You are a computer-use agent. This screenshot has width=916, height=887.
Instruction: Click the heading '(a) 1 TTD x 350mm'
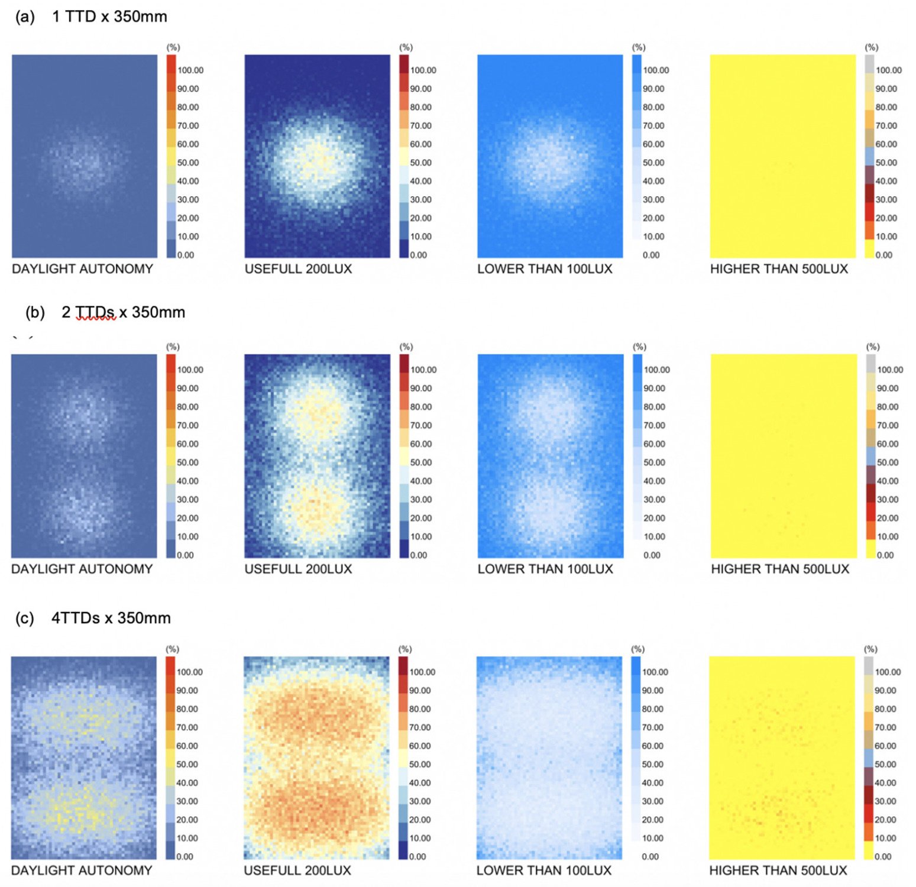pos(92,16)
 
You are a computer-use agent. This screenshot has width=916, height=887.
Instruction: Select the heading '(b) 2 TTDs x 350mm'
pos(105,312)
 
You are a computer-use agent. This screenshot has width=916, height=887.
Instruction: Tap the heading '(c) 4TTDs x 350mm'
pos(93,618)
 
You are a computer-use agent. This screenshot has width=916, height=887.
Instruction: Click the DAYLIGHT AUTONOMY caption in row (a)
pos(82,269)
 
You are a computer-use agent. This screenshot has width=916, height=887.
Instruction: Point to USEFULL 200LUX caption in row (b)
pos(298,569)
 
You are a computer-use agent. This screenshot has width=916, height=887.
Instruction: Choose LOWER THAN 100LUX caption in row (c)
pos(543,870)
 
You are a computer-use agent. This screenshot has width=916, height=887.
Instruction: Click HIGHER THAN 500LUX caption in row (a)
pos(779,269)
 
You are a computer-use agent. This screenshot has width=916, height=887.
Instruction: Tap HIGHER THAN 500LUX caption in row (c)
pos(778,870)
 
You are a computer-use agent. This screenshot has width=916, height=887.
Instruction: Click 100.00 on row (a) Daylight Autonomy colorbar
pos(190,70)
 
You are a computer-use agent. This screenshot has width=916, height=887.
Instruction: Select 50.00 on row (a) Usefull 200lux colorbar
pos(420,163)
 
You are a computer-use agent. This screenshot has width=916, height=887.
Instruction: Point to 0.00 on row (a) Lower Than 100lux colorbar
pos(651,255)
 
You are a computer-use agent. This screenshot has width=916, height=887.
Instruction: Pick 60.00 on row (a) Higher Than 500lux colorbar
pos(886,144)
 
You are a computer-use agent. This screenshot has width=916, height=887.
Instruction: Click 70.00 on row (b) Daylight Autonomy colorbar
pos(187,425)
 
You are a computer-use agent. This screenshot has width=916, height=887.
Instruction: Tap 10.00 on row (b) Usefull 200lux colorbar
pos(421,536)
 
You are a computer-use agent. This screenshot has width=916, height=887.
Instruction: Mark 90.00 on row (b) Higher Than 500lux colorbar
pos(888,389)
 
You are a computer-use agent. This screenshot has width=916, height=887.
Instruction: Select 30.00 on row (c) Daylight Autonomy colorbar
pos(187,801)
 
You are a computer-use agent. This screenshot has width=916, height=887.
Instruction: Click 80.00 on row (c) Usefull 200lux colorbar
pos(420,709)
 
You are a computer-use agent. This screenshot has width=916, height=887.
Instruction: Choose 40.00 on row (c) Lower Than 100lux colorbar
pos(653,783)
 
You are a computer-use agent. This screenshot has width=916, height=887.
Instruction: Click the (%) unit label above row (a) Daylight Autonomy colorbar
pos(173,47)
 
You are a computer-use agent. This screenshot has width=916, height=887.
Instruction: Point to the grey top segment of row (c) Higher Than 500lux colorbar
pos(868,666)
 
